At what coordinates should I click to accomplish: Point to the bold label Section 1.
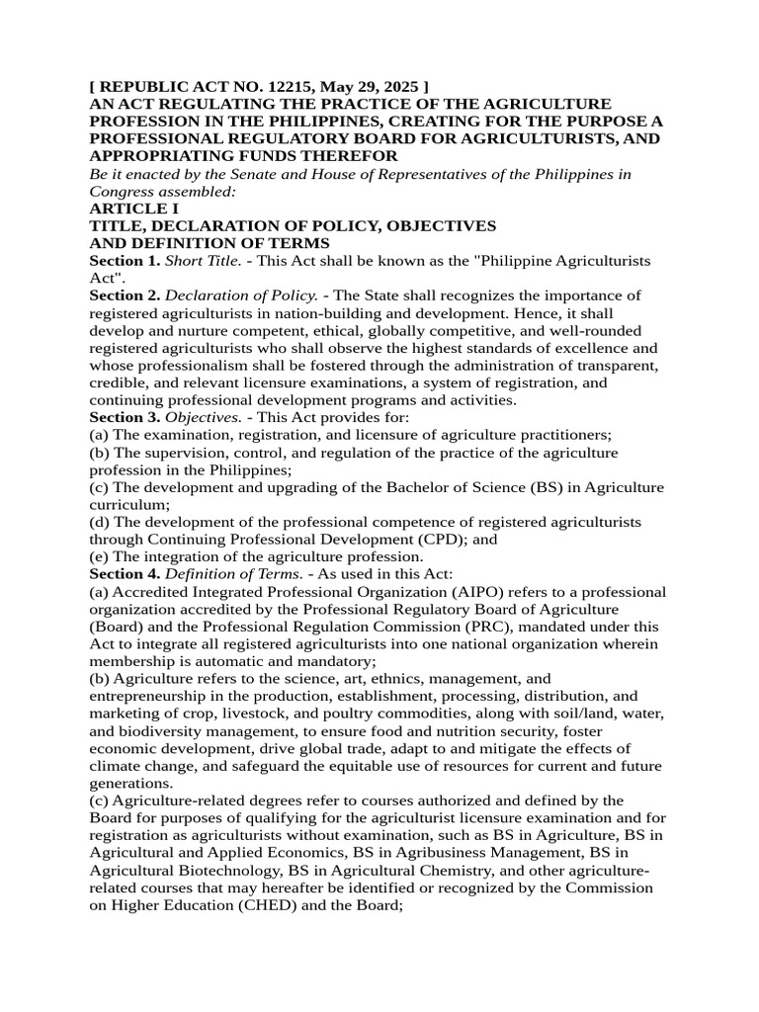click(x=125, y=260)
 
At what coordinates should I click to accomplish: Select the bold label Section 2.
click(x=125, y=295)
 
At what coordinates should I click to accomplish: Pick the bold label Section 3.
click(x=125, y=416)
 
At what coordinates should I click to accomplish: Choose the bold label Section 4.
click(x=125, y=573)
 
